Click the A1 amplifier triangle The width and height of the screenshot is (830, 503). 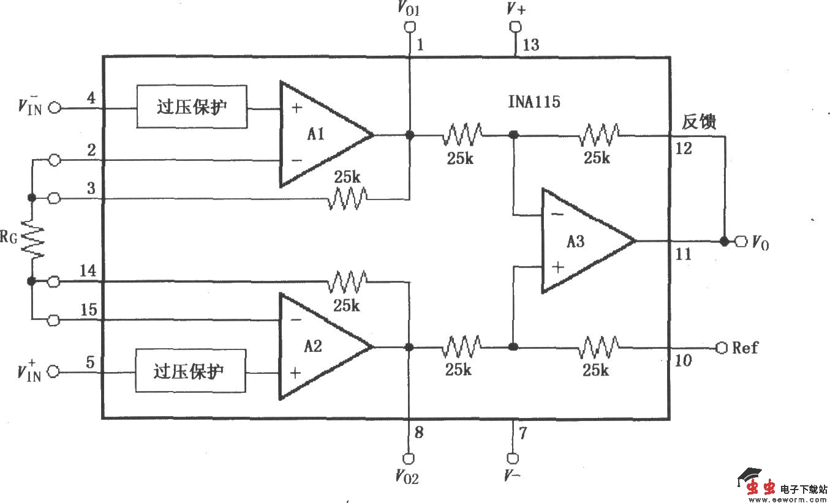319,134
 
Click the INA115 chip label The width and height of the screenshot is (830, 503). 534,102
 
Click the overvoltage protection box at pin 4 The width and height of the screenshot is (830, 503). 192,107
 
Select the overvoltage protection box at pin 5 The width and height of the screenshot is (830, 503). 190,371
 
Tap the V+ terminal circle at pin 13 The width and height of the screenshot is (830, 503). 515,27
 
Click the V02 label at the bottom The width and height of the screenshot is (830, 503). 407,477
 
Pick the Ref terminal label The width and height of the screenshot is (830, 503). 745,348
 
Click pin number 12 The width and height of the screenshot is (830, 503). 684,148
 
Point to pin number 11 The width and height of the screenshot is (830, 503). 683,254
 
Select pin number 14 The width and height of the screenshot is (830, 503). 88,269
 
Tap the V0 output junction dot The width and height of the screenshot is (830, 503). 725,242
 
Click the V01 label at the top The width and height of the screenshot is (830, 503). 409,9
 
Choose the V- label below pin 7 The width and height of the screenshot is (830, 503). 513,475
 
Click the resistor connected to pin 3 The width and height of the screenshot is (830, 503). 347,198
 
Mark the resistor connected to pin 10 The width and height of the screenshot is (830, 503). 598,347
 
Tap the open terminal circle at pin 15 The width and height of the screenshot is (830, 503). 54,319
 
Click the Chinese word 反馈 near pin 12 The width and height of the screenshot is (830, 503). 700,122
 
